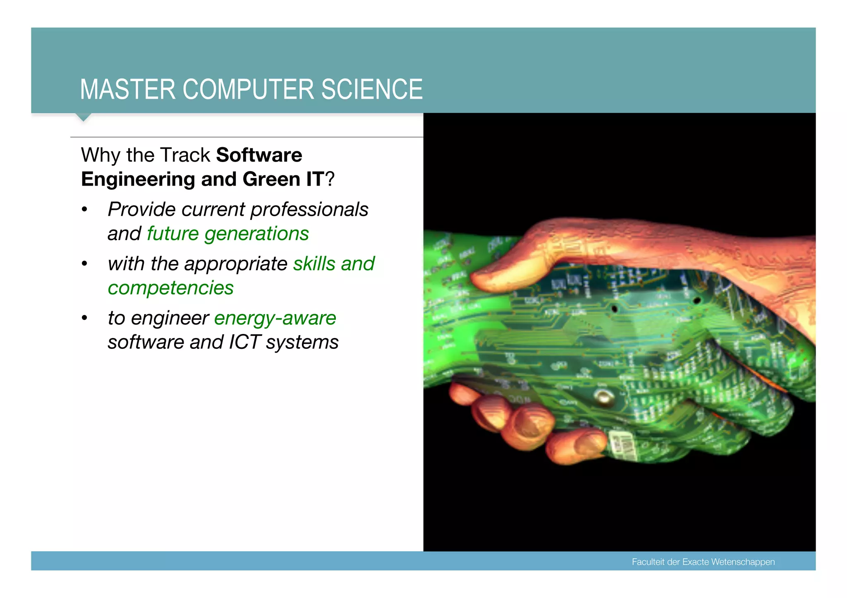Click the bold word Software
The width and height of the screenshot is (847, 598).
tap(259, 155)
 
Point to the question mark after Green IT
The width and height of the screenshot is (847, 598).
tap(330, 179)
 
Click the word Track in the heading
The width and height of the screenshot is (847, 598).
tap(185, 155)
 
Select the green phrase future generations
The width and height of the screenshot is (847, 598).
tap(228, 233)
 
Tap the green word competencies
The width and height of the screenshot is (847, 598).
tap(170, 288)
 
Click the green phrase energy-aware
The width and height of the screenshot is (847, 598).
tap(275, 318)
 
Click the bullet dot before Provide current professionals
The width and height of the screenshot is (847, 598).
tap(85, 210)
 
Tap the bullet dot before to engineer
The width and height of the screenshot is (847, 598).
tap(85, 318)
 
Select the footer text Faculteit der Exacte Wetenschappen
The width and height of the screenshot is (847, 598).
tap(703, 562)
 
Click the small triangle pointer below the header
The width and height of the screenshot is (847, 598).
tap(84, 117)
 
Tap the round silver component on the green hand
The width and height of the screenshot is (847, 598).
tap(604, 396)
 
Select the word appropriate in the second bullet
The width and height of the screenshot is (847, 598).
tap(236, 264)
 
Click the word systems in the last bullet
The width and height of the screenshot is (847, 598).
tap(302, 342)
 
